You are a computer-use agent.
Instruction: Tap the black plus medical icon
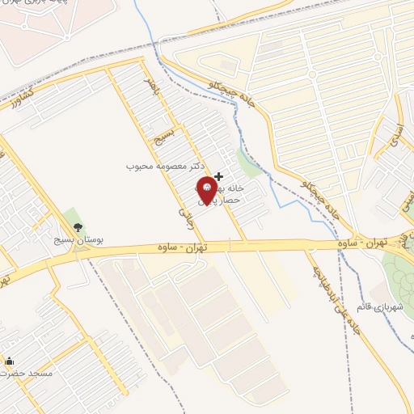coord(218,175)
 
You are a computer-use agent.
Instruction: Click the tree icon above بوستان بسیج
coord(78,227)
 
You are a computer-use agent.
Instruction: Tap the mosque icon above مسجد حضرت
coord(9,361)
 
